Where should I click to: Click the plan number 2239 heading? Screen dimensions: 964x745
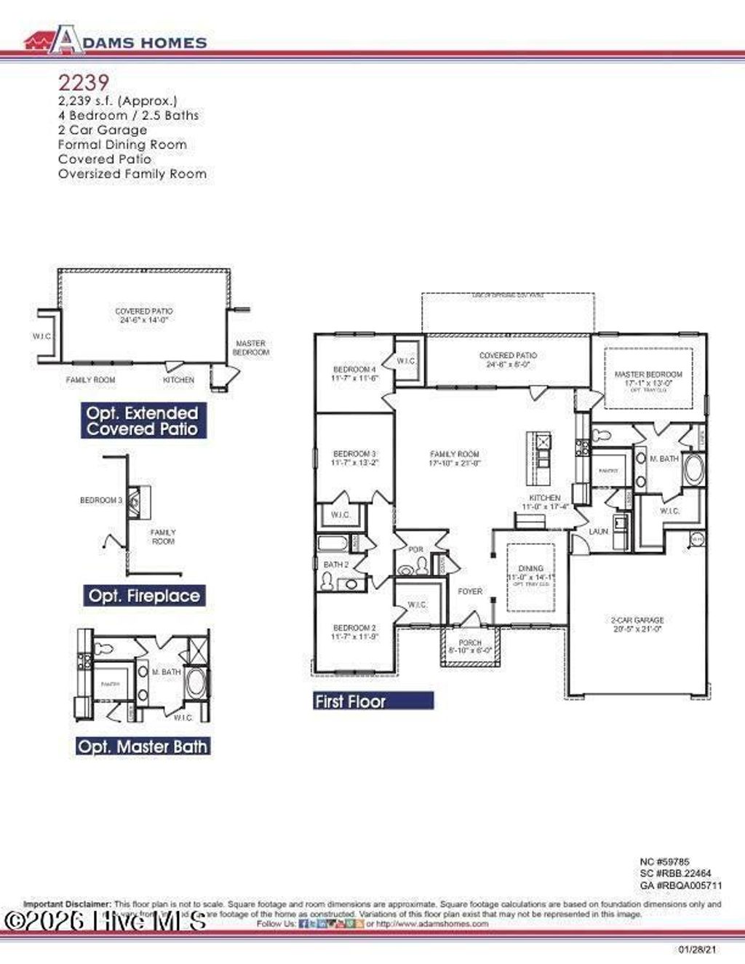point(83,82)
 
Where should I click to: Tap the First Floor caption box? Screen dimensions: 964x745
point(373,701)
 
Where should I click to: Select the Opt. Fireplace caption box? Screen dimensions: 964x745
point(143,596)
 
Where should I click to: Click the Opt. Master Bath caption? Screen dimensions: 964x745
point(143,746)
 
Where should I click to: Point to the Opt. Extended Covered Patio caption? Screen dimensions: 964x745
point(142,421)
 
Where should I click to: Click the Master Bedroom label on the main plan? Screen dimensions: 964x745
point(648,375)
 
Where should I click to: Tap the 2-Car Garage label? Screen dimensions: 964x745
point(637,621)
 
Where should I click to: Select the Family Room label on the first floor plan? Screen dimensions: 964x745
point(455,454)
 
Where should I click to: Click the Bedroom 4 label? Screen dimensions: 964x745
point(354,369)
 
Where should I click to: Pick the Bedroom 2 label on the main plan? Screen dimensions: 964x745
point(354,628)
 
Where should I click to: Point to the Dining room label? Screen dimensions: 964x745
point(531,568)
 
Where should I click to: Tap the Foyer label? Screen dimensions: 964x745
point(470,591)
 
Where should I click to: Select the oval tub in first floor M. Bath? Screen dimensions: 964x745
point(693,470)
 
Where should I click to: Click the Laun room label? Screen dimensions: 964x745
point(598,532)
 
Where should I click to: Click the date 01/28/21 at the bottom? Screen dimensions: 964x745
point(696,950)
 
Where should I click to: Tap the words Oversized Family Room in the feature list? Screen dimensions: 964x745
point(132,174)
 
